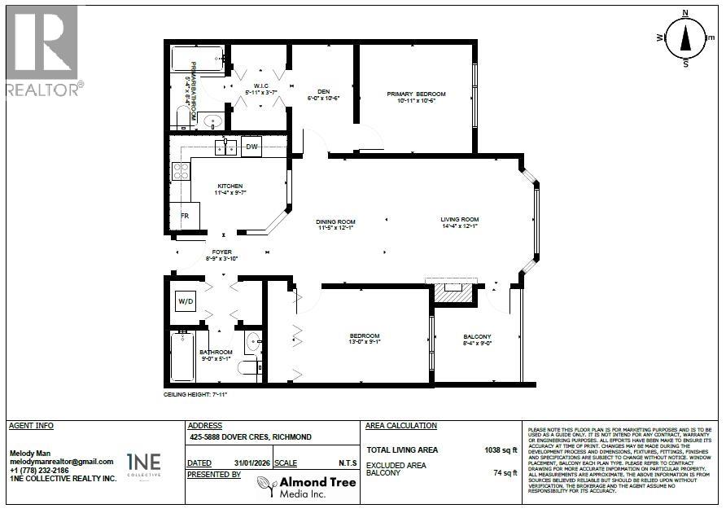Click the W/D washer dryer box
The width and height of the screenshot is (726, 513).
pos(186,302)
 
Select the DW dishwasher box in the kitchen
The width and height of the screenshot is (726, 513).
pos(251,147)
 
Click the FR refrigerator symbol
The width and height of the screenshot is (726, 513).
pos(186,217)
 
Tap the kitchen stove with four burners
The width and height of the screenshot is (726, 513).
pos(181,172)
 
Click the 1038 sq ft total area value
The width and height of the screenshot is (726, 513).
pos(501,449)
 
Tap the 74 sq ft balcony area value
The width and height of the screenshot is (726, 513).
pos(505,472)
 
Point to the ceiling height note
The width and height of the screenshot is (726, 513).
pos(195,394)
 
